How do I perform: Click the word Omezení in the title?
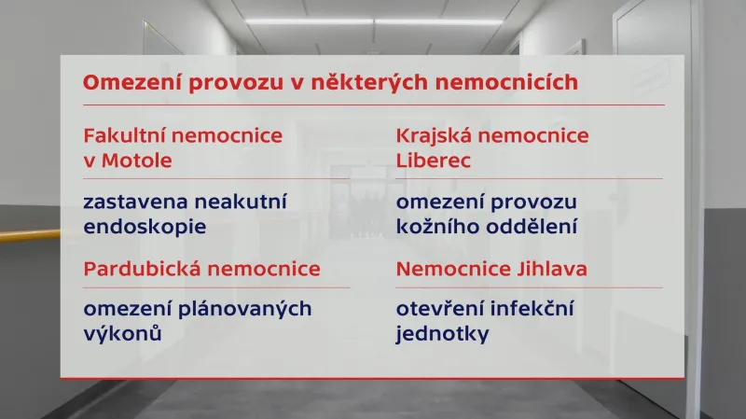point(125,82)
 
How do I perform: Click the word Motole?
point(140,160)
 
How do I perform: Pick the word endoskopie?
point(145,226)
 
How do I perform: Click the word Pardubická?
point(139,269)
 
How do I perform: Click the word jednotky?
point(442,333)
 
